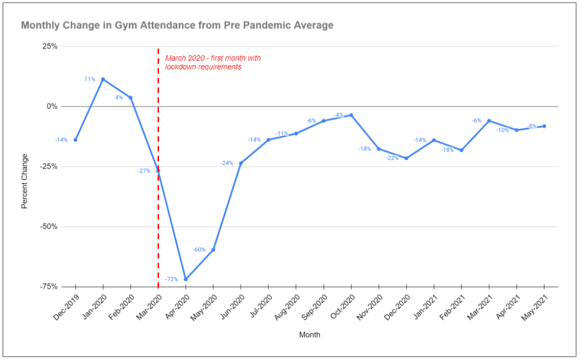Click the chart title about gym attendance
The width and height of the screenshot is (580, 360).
coord(177,25)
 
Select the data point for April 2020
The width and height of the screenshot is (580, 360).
coord(186,279)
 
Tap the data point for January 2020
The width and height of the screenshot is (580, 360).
coord(103,79)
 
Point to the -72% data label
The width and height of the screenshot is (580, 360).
coord(172,279)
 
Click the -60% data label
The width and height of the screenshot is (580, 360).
coord(199,250)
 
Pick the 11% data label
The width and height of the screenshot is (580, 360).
coord(90,79)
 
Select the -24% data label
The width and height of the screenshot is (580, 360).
coord(227,163)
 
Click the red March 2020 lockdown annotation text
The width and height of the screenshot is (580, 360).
coord(213,62)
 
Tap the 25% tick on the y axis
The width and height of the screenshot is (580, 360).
coord(50,46)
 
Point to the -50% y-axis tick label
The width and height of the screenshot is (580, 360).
coord(49,226)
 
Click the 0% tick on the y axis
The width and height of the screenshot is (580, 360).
coord(52,106)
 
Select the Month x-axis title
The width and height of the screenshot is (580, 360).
coord(309,334)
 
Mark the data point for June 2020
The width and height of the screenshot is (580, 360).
coord(241,163)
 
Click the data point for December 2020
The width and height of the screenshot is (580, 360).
coord(406,158)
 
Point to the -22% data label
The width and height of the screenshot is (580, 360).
coord(392,158)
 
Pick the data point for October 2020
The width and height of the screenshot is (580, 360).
coord(351,115)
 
